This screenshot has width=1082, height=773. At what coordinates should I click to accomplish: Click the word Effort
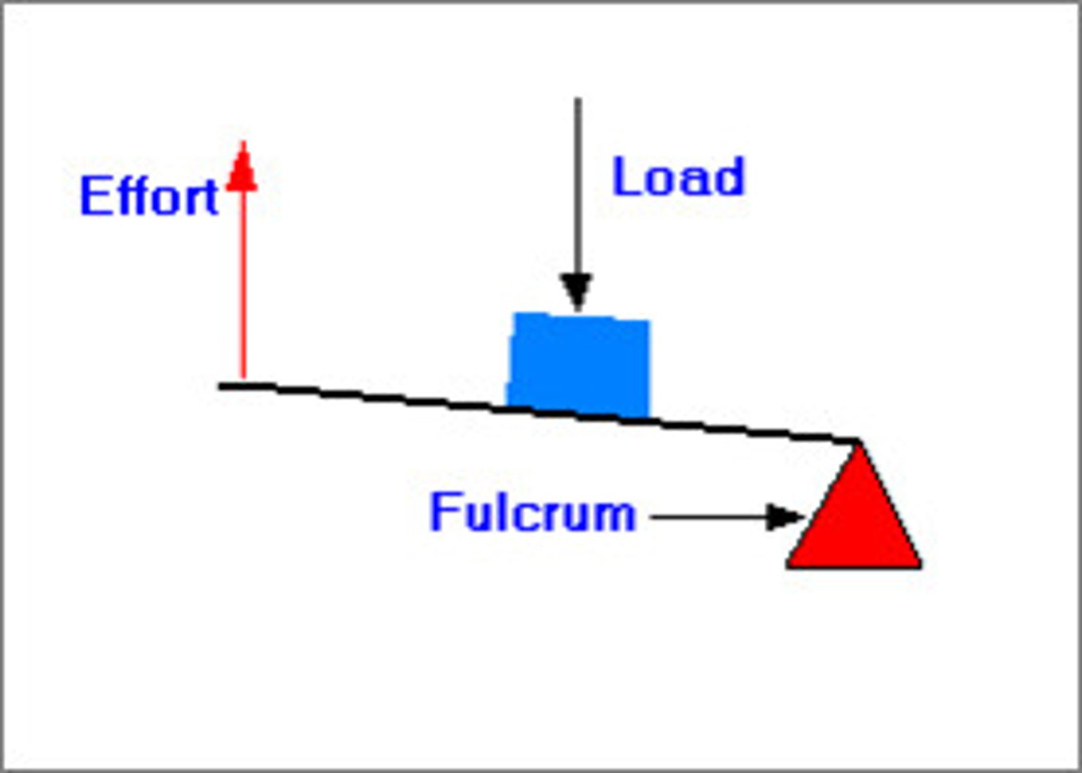click(x=149, y=196)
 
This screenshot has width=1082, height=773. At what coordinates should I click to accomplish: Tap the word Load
click(x=678, y=177)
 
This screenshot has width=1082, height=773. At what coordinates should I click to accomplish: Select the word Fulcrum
click(x=532, y=512)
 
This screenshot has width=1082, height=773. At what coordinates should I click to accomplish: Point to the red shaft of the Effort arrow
click(x=243, y=285)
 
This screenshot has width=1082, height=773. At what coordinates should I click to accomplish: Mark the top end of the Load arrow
click(x=577, y=100)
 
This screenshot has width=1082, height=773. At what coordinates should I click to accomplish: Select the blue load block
click(x=579, y=364)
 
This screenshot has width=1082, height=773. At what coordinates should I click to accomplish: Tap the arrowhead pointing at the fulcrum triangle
click(x=785, y=517)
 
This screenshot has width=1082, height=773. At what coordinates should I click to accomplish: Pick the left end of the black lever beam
click(x=222, y=385)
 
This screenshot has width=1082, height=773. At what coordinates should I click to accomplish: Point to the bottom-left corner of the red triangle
click(x=788, y=565)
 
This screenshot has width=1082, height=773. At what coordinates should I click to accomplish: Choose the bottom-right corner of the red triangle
click(x=920, y=565)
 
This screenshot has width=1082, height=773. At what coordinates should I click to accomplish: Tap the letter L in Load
click(x=624, y=177)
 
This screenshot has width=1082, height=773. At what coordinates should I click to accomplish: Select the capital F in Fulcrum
click(x=442, y=512)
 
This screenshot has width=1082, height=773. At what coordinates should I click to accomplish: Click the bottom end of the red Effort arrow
click(x=243, y=376)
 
